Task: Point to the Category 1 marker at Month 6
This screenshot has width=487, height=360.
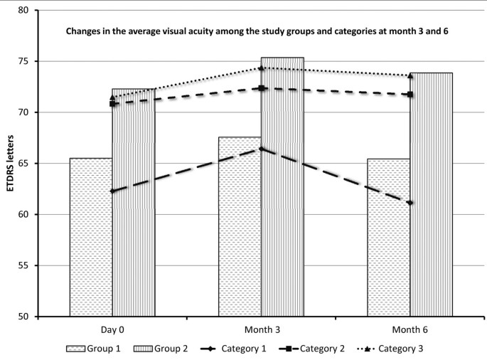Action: [410, 203]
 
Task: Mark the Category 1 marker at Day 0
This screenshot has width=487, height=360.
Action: [112, 191]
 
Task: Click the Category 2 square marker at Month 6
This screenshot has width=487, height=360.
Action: [410, 95]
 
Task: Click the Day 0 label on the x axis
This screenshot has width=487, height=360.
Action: [112, 330]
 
